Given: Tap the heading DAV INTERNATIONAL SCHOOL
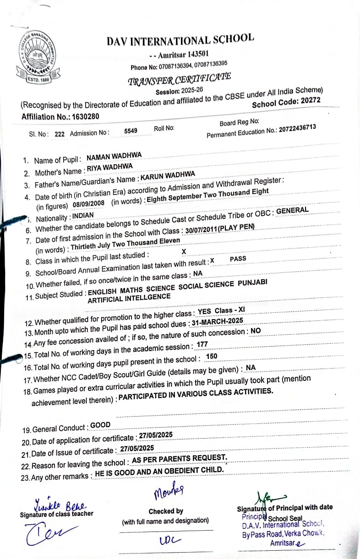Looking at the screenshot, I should (180, 40).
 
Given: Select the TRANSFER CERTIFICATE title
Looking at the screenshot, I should (179, 79).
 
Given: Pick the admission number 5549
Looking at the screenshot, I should (131, 131).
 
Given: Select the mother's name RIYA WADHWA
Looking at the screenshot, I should (109, 167).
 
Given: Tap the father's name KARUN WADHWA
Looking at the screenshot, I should (168, 175).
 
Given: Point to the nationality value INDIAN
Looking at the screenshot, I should (82, 216).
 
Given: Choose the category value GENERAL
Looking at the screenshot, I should (292, 211).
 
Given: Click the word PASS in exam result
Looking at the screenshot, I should (238, 259).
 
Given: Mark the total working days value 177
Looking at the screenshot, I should (202, 344).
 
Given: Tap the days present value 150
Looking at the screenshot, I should (212, 356).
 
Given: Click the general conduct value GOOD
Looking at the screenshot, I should (100, 425).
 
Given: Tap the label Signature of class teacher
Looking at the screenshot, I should (56, 514).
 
